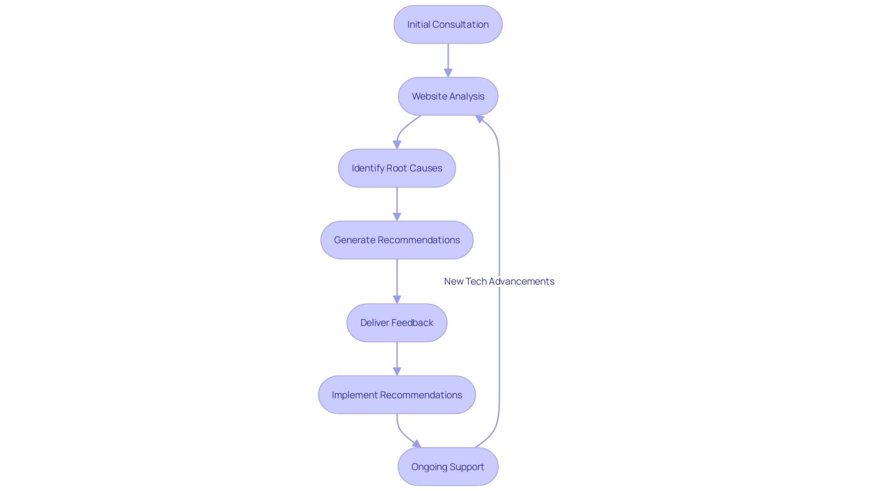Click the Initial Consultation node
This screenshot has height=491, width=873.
[448, 25]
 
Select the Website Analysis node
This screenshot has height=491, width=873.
[448, 96]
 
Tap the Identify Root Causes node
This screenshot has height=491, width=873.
[397, 168]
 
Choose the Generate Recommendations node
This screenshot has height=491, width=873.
[397, 240]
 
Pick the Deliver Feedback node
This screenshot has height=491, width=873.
[397, 323]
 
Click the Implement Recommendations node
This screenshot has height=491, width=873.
[397, 395]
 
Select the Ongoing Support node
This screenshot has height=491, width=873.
[448, 466]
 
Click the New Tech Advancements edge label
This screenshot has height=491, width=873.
[499, 281]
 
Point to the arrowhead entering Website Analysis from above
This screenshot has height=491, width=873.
[448, 73]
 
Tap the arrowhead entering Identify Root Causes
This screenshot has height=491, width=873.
[397, 145]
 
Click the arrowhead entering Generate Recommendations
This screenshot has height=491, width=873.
[397, 216]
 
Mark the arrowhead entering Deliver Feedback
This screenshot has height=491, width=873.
[397, 299]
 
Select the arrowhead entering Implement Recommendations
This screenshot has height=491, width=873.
[397, 371]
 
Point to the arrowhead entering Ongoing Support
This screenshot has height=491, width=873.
[417, 444]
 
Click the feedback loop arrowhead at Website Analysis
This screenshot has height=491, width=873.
[479, 119]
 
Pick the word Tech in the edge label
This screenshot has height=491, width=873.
[476, 281]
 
